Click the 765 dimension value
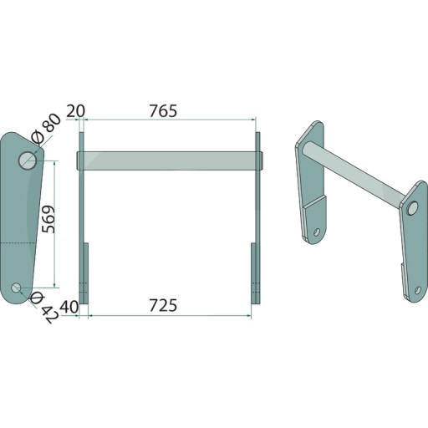point(163,111)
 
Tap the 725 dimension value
point(163,305)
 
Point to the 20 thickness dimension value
point(75,111)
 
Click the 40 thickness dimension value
point(69,307)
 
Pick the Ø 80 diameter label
point(46,129)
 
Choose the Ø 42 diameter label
point(44,308)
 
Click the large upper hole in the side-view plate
point(28,160)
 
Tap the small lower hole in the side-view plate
point(16,288)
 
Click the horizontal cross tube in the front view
point(170,160)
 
